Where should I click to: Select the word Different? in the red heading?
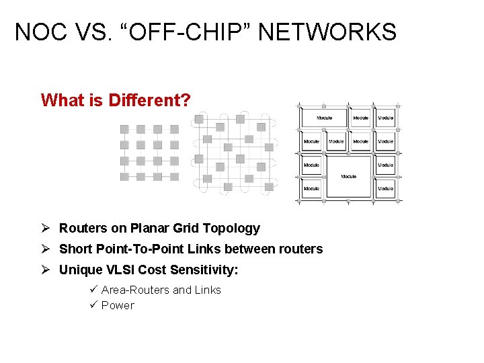click(149, 100)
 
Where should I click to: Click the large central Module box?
click(348, 176)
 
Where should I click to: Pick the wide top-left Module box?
click(324, 118)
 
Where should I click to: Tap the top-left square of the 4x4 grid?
click(124, 129)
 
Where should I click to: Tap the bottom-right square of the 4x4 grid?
click(174, 177)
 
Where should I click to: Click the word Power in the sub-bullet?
click(118, 305)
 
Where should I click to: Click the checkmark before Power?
click(94, 305)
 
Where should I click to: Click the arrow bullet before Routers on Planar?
click(46, 229)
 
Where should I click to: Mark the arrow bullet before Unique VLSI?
click(46, 270)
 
